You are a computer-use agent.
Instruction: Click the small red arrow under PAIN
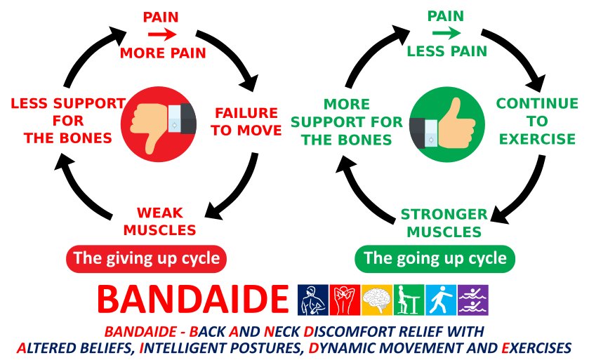click(162, 35)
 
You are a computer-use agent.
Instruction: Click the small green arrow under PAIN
click(446, 33)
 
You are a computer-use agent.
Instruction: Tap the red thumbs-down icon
click(159, 124)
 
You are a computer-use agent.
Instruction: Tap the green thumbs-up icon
click(446, 124)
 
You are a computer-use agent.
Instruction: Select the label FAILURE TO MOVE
click(246, 121)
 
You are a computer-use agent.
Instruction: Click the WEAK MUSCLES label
click(159, 221)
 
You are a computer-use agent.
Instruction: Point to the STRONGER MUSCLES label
click(444, 223)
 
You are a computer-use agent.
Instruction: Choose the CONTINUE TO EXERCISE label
click(537, 121)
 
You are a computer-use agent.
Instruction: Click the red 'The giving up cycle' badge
click(146, 259)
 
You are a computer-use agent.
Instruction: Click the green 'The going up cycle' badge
click(435, 259)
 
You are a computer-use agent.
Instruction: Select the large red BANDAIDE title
click(192, 299)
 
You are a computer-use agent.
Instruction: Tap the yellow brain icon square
click(377, 300)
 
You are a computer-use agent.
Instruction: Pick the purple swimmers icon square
click(473, 300)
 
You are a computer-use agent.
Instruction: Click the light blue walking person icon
click(441, 300)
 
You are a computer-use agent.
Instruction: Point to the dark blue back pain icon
click(313, 300)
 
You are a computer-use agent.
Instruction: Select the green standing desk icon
click(409, 300)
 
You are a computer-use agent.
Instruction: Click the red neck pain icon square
click(345, 300)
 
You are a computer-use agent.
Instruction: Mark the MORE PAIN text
click(163, 53)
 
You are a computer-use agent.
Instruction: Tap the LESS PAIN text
click(447, 51)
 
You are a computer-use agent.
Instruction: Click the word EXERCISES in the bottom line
click(536, 348)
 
